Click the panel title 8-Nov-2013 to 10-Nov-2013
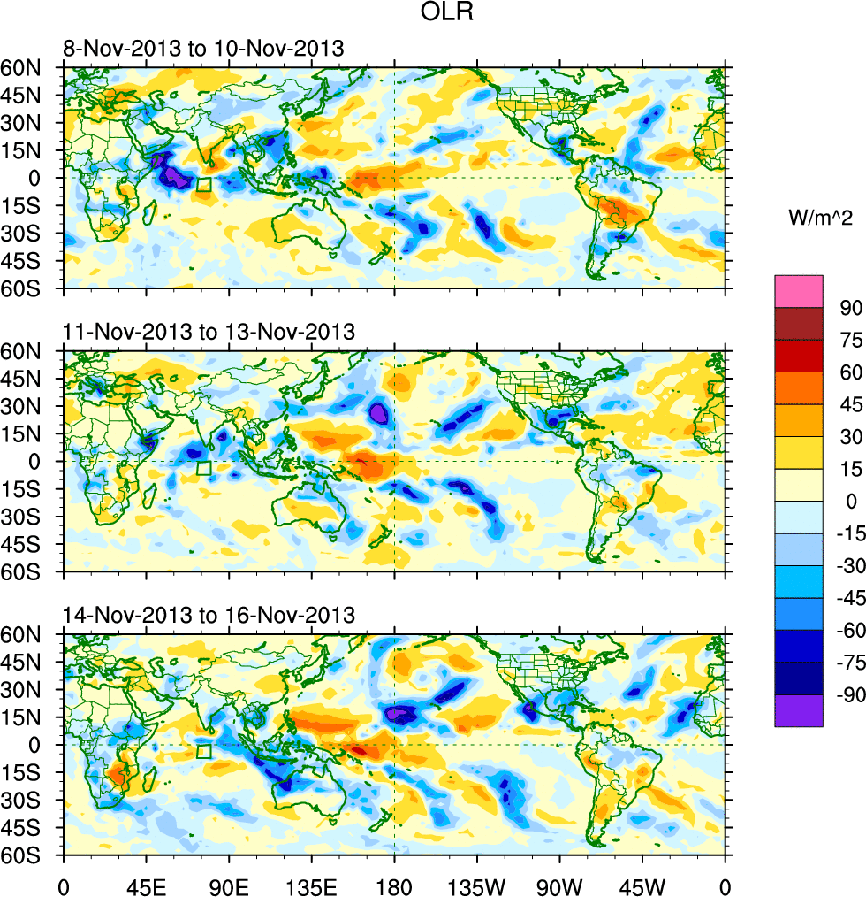pyautogui.click(x=203, y=49)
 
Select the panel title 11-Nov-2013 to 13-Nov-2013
pyautogui.click(x=209, y=332)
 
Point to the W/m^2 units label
pyautogui.click(x=820, y=217)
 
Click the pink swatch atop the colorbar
pyautogui.click(x=799, y=291)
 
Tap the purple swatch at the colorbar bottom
pyautogui.click(x=799, y=711)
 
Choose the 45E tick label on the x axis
pyautogui.click(x=147, y=885)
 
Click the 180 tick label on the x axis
pyautogui.click(x=394, y=885)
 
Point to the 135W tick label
pyautogui.click(x=476, y=885)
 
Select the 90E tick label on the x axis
pyautogui.click(x=229, y=885)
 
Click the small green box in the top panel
pyautogui.click(x=203, y=185)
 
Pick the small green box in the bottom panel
pyautogui.click(x=203, y=752)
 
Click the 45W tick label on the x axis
pyautogui.click(x=642, y=885)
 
